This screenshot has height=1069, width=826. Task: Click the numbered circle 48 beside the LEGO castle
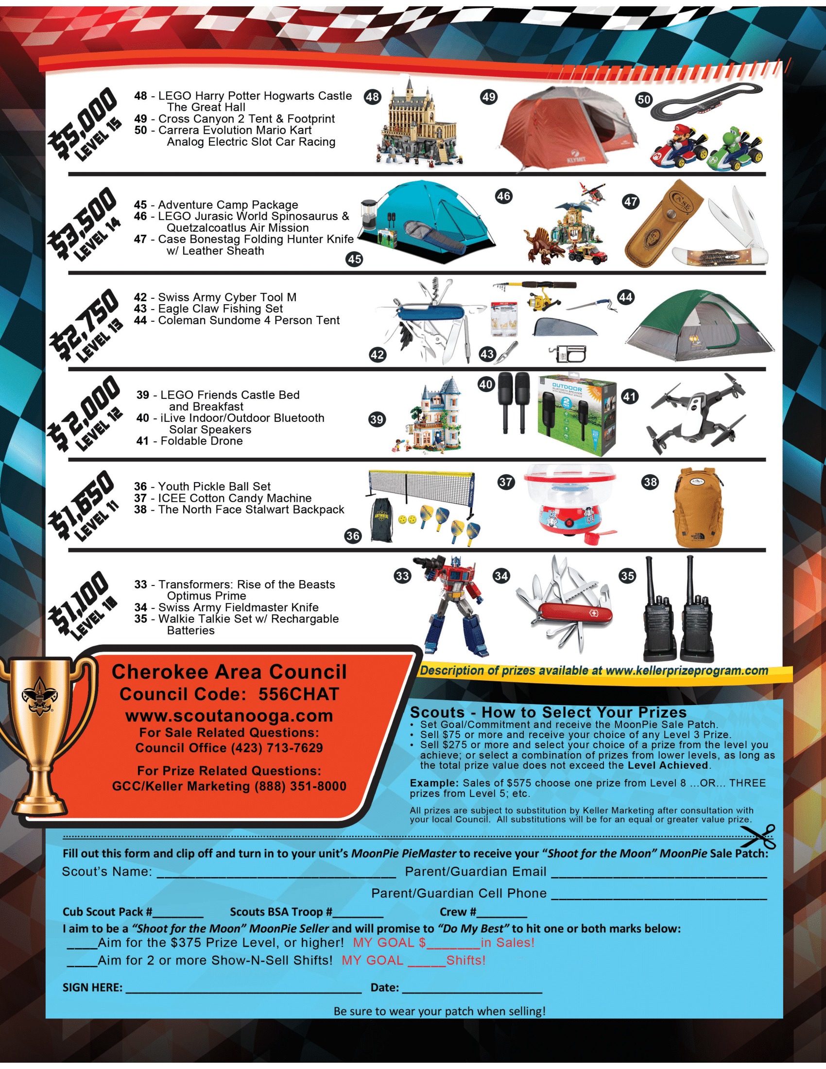[372, 96]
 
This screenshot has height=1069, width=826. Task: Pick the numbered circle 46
[503, 196]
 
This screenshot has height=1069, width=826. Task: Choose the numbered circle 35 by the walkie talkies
[627, 576]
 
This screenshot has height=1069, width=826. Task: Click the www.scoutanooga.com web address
[229, 716]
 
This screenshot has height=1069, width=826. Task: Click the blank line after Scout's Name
[276, 872]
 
